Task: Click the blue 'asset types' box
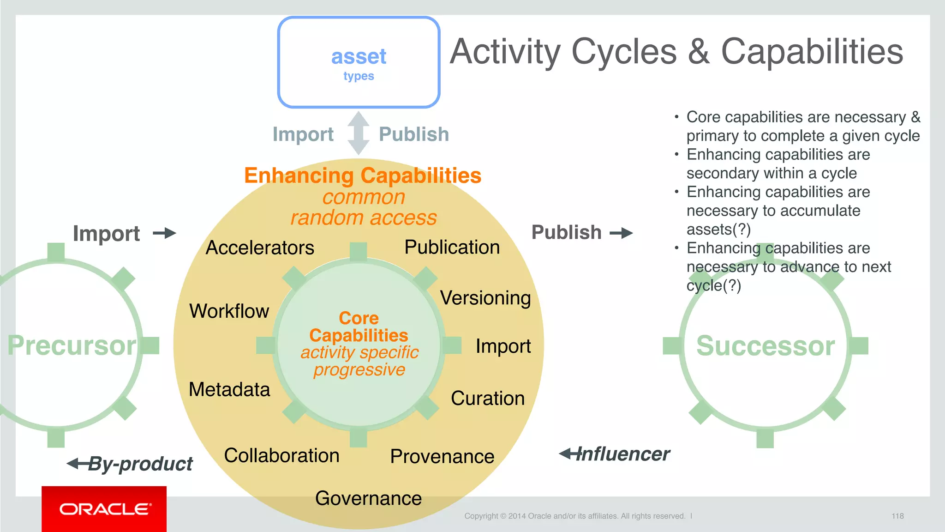359,62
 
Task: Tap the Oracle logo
104,509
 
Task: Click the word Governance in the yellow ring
368,498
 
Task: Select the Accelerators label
260,248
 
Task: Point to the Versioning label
485,298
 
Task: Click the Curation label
488,398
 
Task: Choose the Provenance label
442,456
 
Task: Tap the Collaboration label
281,455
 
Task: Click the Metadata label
229,389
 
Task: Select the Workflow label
229,311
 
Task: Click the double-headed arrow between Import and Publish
359,133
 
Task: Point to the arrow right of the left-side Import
165,233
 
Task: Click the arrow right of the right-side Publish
621,233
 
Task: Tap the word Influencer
623,454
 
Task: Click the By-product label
140,464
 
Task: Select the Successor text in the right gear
766,345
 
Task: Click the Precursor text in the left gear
72,345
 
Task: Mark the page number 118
897,516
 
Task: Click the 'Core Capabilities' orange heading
359,326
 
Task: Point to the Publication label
452,247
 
